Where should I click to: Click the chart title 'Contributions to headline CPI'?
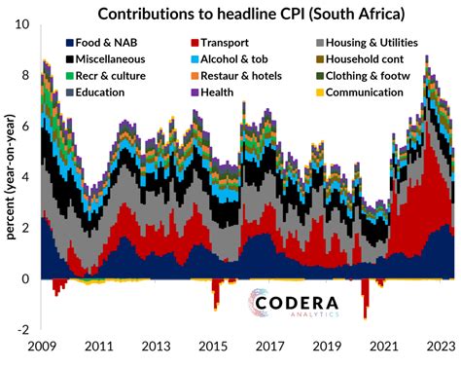click(247, 13)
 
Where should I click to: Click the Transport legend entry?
click(219, 44)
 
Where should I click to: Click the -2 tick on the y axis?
click(26, 329)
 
